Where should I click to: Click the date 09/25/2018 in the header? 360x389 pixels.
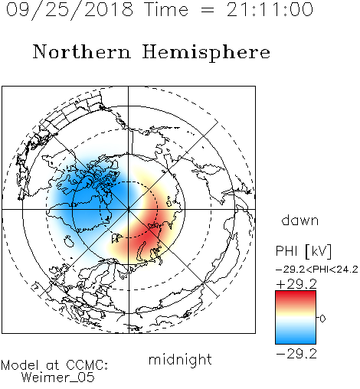(70, 10)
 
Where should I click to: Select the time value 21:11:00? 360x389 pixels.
(270, 10)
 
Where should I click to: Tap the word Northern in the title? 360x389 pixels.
(82, 52)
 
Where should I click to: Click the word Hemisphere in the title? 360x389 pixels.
(206, 53)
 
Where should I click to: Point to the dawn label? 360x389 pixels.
(300, 220)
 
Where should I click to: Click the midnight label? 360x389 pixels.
(180, 360)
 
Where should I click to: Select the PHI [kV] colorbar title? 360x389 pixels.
(303, 251)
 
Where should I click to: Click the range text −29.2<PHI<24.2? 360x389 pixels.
(317, 270)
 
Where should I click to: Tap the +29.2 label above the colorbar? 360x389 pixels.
(296, 284)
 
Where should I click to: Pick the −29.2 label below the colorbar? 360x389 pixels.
(296, 354)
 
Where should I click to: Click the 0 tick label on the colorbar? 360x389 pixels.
(322, 319)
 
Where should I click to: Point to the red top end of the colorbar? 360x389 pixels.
(296, 293)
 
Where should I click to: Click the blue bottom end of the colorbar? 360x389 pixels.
(296, 342)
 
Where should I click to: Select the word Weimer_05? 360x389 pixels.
(58, 378)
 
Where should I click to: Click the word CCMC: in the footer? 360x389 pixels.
(87, 365)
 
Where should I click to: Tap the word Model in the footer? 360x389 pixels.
(20, 365)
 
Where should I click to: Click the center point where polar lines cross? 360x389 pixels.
(129, 209)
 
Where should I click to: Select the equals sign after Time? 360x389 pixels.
(207, 10)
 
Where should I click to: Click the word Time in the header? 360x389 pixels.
(166, 10)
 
